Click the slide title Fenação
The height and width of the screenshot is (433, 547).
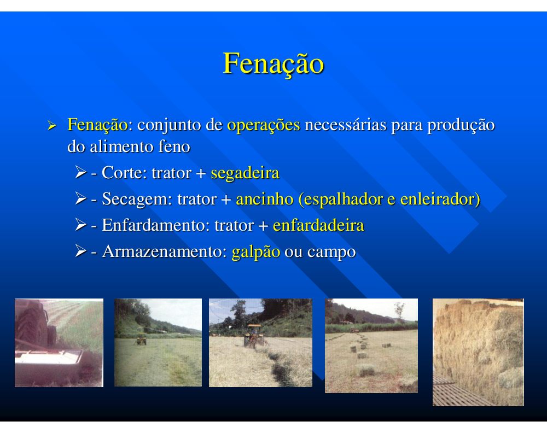coord(273,63)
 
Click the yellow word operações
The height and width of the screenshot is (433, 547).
coord(264,125)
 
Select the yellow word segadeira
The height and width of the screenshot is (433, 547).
coord(245,173)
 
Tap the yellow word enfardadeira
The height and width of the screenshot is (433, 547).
coord(318,225)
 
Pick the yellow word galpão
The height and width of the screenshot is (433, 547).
coord(255,252)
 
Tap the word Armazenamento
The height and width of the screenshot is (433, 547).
coord(162,251)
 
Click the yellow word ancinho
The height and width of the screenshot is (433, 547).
coord(264,199)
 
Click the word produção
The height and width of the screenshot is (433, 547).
coord(461,125)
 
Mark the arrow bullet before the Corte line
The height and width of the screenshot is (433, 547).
coord(80,172)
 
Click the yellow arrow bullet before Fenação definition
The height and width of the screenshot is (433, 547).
coord(51,126)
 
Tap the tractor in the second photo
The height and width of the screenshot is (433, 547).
coord(141,340)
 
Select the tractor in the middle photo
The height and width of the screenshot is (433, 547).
coord(254,336)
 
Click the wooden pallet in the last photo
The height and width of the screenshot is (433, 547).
coord(453,392)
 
